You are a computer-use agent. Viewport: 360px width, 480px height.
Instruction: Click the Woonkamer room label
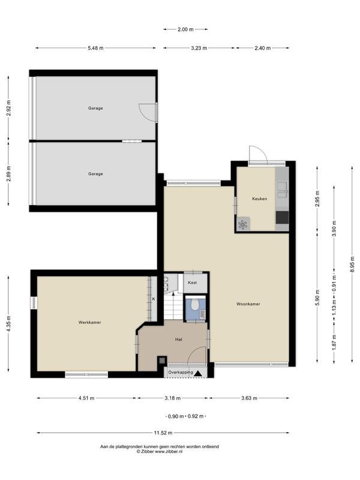tap(248, 304)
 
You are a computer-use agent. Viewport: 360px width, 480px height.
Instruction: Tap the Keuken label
tap(260, 199)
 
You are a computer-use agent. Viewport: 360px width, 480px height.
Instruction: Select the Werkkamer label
tap(89, 322)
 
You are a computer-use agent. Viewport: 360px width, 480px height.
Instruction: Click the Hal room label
tap(179, 339)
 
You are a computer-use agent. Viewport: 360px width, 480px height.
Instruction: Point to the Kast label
tap(192, 283)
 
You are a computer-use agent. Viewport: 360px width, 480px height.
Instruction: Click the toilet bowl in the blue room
tap(194, 305)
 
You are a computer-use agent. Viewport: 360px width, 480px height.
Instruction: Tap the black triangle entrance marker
tap(198, 373)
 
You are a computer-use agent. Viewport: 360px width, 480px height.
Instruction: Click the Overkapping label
tap(181, 373)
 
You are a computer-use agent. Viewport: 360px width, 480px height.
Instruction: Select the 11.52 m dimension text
tap(163, 433)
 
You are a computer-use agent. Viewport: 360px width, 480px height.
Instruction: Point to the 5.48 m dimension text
tap(95, 48)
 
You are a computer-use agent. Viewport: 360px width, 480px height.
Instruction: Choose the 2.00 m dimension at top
tap(185, 29)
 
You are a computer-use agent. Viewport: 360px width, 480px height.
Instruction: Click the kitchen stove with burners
tap(244, 224)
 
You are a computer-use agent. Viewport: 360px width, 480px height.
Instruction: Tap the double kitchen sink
tap(282, 190)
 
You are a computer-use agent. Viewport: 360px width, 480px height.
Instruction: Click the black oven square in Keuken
tap(282, 218)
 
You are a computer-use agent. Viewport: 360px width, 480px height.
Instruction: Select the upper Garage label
tap(95, 108)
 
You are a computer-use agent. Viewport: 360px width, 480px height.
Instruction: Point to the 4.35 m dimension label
tap(9, 323)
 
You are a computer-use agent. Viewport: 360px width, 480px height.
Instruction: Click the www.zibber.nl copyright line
tap(160, 451)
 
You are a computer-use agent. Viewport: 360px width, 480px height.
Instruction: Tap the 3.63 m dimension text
tap(249, 398)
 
